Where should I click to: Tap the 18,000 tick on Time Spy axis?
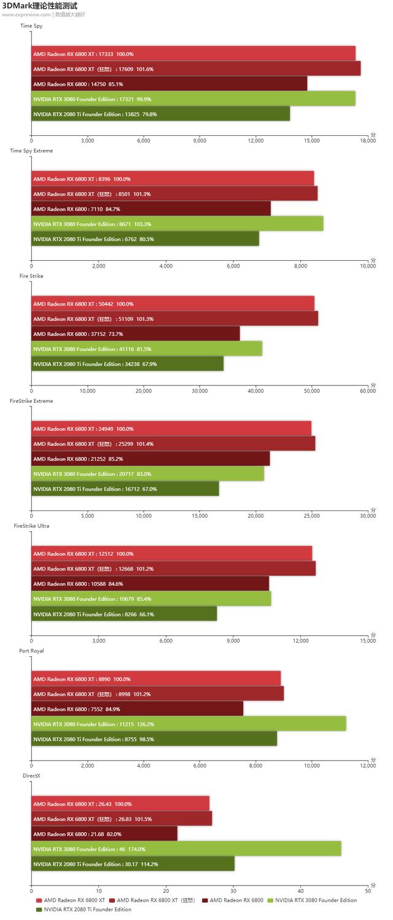(x=367, y=141)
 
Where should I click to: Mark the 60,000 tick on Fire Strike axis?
(x=367, y=391)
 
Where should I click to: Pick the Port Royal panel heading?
(x=31, y=651)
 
